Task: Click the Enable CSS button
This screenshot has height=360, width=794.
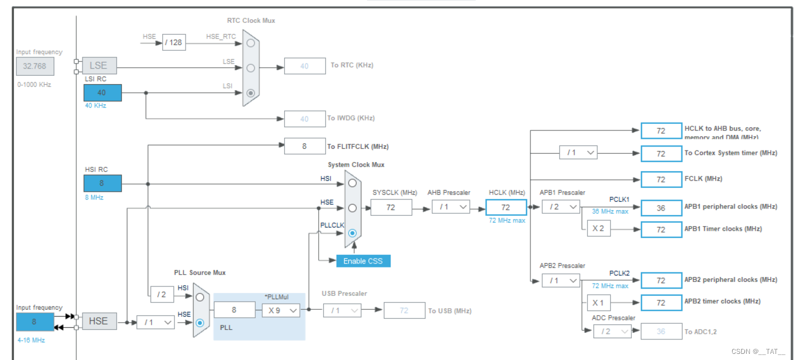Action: (x=363, y=261)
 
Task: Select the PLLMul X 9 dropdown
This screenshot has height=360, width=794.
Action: (x=281, y=310)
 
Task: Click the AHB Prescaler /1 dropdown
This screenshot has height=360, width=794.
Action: (x=450, y=207)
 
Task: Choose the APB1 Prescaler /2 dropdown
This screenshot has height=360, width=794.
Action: (x=561, y=207)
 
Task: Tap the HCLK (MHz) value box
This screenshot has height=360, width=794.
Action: (x=505, y=207)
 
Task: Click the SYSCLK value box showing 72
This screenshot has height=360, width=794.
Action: (x=391, y=207)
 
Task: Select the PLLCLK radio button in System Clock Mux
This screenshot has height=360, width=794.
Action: (x=352, y=233)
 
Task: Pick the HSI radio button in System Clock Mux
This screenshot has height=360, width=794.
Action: (x=352, y=183)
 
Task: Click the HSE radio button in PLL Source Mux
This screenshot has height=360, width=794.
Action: (x=200, y=322)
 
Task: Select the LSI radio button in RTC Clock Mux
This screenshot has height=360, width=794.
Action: (x=251, y=93)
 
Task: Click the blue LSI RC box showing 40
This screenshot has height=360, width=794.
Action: (x=102, y=93)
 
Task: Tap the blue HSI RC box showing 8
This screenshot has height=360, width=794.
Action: (x=102, y=183)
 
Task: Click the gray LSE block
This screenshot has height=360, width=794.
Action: (x=99, y=66)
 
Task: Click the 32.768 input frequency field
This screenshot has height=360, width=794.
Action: (x=35, y=66)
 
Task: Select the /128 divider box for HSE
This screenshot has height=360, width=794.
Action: (x=174, y=42)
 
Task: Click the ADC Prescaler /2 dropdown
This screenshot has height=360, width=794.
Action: (x=612, y=332)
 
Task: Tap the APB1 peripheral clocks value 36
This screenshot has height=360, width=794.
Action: (x=661, y=207)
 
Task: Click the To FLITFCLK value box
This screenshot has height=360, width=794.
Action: (x=304, y=146)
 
